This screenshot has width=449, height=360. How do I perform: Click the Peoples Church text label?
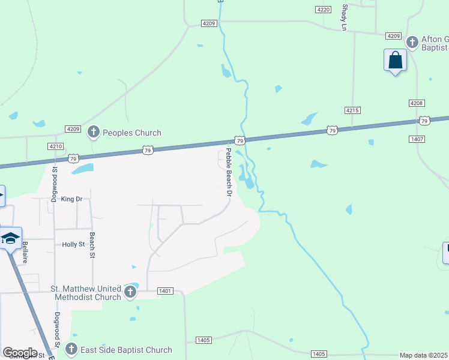(x=131, y=133)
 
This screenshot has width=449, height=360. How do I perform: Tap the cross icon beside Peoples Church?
(x=93, y=131)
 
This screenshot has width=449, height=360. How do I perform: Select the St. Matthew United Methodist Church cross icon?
(x=131, y=293)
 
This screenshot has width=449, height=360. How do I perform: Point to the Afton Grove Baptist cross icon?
(x=412, y=42)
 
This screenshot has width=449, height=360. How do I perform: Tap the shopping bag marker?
(x=395, y=61)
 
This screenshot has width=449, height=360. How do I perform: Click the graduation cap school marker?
(x=11, y=238)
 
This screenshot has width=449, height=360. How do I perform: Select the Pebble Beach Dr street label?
(x=229, y=173)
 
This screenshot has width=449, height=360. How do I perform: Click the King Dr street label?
(x=71, y=199)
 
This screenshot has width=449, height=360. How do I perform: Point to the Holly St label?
(x=74, y=244)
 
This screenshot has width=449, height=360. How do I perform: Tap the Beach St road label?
(x=93, y=245)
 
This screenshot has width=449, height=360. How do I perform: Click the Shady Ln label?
(x=345, y=17)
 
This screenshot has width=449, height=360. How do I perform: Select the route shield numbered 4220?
(x=323, y=10)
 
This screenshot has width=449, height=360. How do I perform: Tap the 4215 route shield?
(x=352, y=110)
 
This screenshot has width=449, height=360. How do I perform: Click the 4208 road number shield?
(x=417, y=103)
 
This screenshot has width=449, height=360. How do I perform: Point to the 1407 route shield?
(x=417, y=139)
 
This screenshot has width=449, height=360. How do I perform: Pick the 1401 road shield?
(x=165, y=291)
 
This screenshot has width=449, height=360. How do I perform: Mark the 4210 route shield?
(x=55, y=146)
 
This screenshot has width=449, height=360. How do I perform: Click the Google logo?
(x=20, y=353)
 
